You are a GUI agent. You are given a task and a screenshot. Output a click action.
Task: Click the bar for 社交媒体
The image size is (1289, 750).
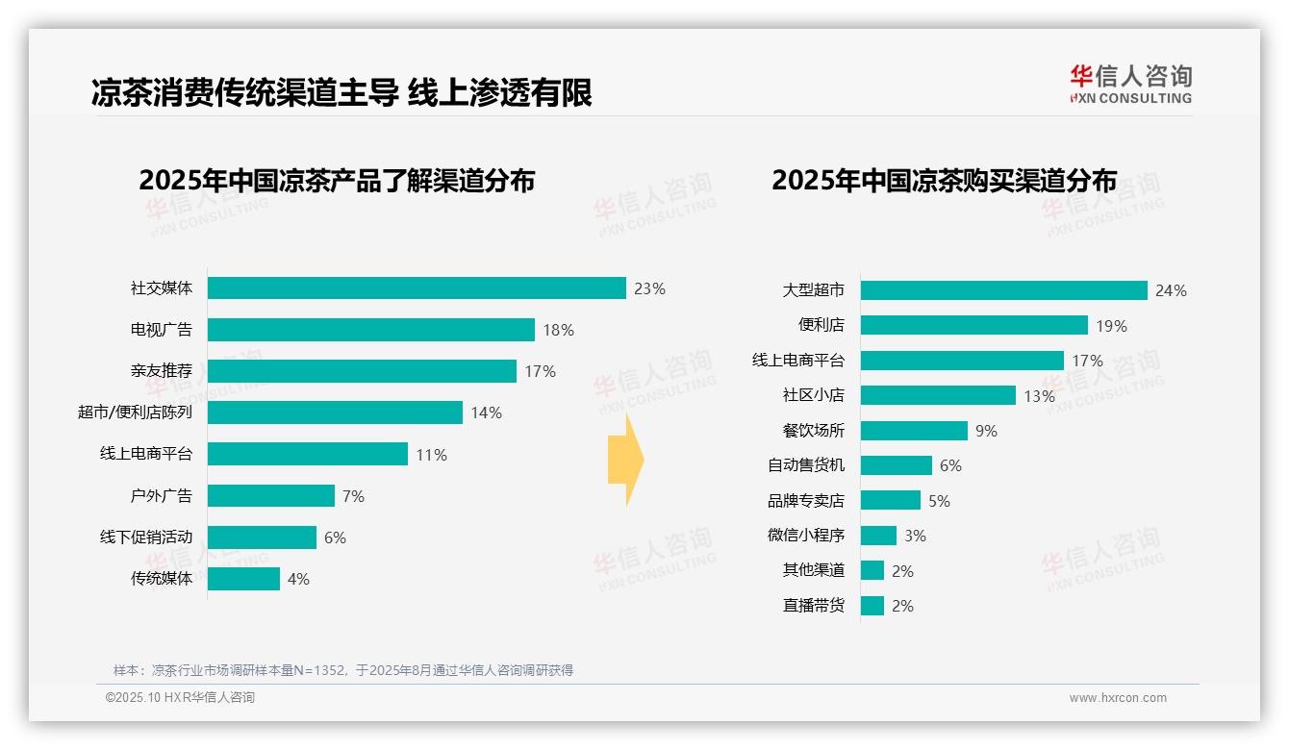pos(417,288)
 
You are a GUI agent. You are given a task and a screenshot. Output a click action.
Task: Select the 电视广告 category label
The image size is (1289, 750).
pos(162,330)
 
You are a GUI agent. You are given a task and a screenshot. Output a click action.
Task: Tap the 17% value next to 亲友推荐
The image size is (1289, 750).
pos(540,371)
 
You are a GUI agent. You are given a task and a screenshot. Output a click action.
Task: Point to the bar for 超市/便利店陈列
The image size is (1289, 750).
pos(335,412)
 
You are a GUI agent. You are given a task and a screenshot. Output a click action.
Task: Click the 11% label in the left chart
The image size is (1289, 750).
pos(431,455)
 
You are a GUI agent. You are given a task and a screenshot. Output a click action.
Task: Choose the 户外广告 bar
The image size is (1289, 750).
pos(270,496)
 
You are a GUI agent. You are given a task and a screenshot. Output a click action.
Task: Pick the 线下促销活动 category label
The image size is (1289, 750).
pos(146,537)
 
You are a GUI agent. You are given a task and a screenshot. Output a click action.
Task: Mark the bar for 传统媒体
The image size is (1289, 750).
pos(243,579)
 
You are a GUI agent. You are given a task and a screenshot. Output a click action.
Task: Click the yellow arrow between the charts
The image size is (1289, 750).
pos(626,461)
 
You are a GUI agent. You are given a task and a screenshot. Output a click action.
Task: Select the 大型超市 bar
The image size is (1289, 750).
pos(1003,290)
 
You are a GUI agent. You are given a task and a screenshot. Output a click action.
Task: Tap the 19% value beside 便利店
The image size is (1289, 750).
pos(1111,326)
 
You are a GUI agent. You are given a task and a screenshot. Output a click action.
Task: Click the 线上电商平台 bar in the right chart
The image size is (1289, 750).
pos(962,361)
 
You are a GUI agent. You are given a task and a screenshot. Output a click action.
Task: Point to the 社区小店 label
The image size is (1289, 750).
pos(814,395)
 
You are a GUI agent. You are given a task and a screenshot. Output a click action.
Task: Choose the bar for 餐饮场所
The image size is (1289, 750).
pos(914,431)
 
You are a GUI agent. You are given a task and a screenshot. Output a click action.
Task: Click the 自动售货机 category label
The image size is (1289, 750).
pos(806,465)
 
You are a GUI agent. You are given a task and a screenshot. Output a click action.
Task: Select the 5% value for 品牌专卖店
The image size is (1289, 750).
pos(939,501)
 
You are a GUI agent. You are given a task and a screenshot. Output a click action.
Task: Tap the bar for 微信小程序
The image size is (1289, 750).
pos(878,536)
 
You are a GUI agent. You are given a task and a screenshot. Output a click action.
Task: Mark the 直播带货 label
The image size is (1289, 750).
pos(814,606)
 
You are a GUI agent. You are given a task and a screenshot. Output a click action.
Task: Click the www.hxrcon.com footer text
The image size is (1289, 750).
pos(1118,698)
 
